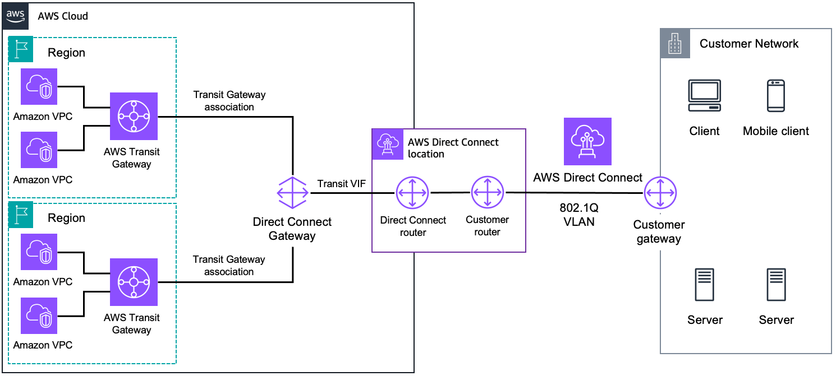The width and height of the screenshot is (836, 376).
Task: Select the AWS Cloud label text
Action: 63,16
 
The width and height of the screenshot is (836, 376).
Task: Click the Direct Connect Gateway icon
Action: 292,192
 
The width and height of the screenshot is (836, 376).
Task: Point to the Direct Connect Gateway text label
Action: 292,229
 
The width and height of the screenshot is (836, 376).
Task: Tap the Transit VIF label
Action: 341,184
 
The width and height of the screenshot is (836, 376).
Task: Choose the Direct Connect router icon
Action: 412,192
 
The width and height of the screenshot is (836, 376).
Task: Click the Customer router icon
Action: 487,192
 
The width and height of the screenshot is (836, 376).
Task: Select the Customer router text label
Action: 487,226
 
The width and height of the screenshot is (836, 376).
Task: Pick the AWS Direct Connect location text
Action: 453,148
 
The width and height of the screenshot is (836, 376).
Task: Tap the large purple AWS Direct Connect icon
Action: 587,141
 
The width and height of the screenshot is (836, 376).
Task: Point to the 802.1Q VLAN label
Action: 579,214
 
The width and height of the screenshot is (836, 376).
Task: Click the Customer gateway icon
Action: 660,193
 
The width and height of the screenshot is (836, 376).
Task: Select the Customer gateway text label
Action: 659,231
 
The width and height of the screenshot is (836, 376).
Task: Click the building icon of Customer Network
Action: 674,43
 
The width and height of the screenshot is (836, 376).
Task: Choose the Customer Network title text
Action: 749,44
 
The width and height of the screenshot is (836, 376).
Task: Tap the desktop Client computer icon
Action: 704,95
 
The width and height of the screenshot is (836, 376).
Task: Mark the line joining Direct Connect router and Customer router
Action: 449,192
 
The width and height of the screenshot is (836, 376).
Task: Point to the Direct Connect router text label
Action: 413,226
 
